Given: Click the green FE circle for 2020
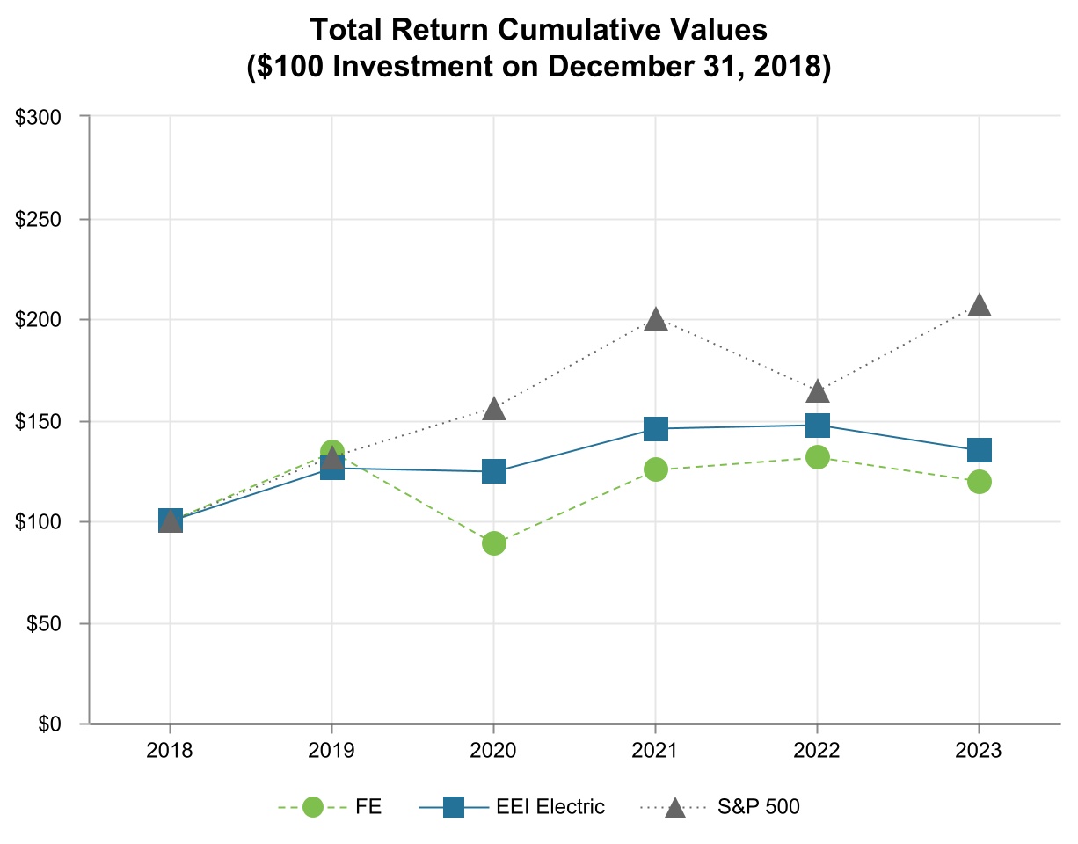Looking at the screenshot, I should pyautogui.click(x=494, y=543).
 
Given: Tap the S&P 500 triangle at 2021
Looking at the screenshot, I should pyautogui.click(x=656, y=320).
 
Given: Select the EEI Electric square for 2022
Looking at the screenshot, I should pyautogui.click(x=818, y=426).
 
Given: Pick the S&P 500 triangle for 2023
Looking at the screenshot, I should pyautogui.click(x=980, y=305).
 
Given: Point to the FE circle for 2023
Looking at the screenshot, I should pyautogui.click(x=980, y=482).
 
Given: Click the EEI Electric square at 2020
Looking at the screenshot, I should pyautogui.click(x=494, y=471).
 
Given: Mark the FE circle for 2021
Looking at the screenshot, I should pyautogui.click(x=656, y=469).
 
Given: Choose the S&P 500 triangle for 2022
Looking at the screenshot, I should pyautogui.click(x=818, y=391).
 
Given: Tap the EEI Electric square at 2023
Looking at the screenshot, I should pyautogui.click(x=980, y=450).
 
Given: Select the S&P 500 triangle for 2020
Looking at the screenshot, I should pyautogui.click(x=494, y=409).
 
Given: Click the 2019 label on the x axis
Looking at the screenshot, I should pyautogui.click(x=332, y=753).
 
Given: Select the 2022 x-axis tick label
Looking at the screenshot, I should pyautogui.click(x=818, y=753).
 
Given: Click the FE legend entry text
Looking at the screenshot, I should pyautogui.click(x=368, y=807).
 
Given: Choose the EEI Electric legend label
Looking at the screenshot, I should pyautogui.click(x=550, y=807).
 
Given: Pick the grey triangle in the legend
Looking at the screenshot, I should pyautogui.click(x=675, y=806).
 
